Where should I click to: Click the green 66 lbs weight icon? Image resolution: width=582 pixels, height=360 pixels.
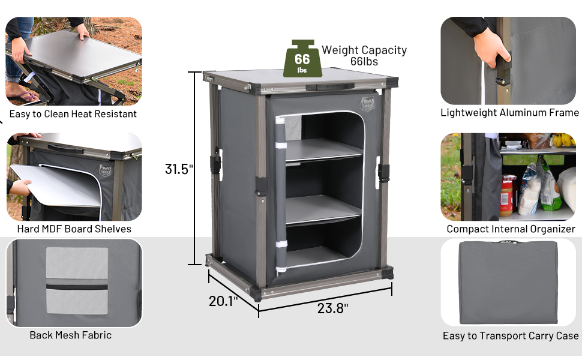[x=302, y=59]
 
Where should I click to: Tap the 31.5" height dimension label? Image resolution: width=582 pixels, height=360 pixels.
[x=179, y=169]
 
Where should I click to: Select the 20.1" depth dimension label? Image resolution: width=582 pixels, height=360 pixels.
[x=223, y=301]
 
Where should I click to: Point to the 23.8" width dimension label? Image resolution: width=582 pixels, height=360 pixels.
[x=332, y=308]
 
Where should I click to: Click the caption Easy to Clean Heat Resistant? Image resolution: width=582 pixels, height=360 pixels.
[x=73, y=114]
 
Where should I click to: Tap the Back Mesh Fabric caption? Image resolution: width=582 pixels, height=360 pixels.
[x=71, y=335]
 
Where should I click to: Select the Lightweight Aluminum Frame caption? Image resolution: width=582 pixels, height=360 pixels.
[x=509, y=113]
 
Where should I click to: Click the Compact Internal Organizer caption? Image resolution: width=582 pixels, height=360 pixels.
[x=511, y=229]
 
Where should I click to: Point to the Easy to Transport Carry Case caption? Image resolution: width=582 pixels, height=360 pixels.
[x=511, y=336]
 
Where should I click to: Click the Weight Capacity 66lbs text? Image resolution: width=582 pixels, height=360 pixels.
[x=364, y=55]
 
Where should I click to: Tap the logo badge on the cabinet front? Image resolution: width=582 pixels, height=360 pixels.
[x=367, y=103]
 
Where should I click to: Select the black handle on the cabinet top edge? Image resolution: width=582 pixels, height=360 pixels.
[x=320, y=87]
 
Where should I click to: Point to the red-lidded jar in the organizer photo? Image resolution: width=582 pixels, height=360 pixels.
[x=508, y=194]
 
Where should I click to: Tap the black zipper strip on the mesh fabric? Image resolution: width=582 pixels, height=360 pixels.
[x=77, y=287]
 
